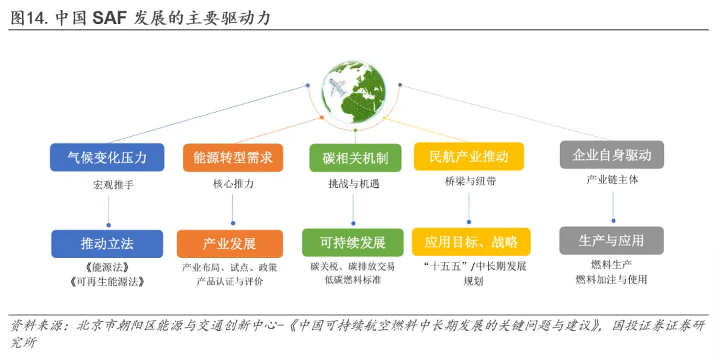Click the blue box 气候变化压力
pos(107,157)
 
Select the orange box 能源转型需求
pos(233,157)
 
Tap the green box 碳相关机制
pos(355,158)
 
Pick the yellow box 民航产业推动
pos(469,157)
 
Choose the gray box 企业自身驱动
pos(611,155)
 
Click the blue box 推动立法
pos(107,244)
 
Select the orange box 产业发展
pos(229,244)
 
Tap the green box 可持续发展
pos(353,242)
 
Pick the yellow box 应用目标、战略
pos(471,242)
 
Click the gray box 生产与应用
pos(611,241)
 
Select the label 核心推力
pos(233,184)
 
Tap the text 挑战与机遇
pos(353,184)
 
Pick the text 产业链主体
pos(612,180)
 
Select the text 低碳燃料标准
pos(353,280)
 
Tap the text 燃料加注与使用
pos(611,280)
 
